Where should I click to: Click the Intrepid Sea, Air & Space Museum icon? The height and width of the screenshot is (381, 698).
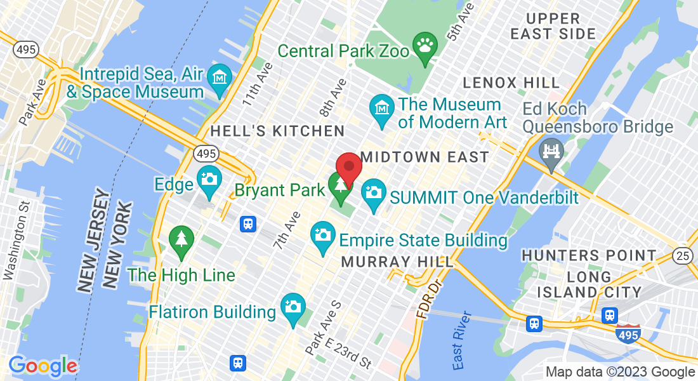(220, 79)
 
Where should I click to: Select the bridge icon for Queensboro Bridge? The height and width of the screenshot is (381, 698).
(550, 154)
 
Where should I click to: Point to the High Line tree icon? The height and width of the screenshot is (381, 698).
(181, 240)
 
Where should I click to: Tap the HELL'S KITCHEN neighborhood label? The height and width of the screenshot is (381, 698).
(277, 131)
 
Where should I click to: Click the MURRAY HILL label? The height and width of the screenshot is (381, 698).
(397, 262)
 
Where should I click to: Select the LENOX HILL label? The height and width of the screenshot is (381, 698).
(511, 83)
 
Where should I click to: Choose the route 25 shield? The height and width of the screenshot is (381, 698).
(683, 255)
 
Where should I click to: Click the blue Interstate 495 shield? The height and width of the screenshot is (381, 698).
(628, 333)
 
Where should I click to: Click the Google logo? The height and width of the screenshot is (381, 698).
(43, 366)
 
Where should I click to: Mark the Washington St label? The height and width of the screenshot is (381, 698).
(17, 241)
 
